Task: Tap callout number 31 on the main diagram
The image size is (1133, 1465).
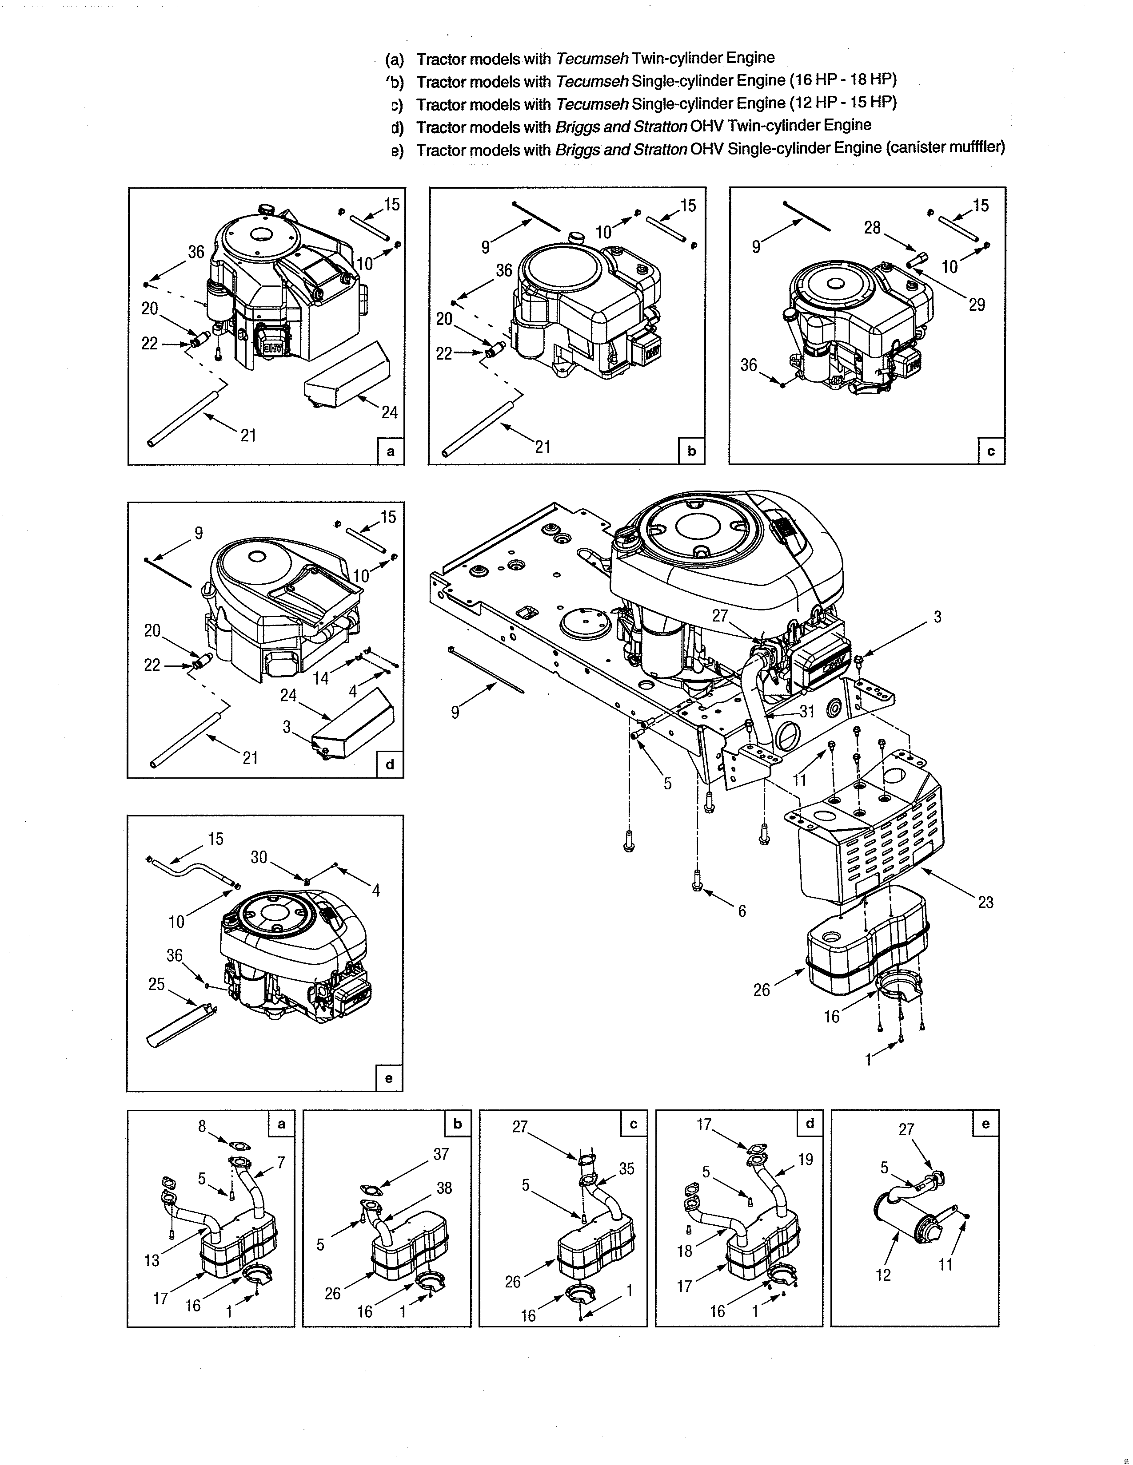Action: (x=807, y=712)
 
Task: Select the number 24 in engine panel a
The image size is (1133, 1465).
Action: (x=389, y=412)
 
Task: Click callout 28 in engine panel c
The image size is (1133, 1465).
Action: (x=872, y=228)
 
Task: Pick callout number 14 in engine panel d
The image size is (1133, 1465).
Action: (x=321, y=678)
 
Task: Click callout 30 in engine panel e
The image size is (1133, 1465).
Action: (x=259, y=857)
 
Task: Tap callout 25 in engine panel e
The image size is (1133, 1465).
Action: (x=156, y=984)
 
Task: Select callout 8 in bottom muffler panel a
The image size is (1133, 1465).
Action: (x=202, y=1126)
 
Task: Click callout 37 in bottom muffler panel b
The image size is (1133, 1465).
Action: (x=440, y=1154)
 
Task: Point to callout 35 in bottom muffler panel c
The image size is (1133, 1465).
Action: (x=626, y=1168)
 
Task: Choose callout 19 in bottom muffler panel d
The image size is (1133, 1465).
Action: (x=806, y=1159)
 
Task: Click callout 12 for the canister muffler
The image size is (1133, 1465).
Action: (x=883, y=1275)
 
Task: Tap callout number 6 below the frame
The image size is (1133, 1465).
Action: (x=742, y=911)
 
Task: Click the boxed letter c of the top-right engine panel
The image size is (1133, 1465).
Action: (x=991, y=451)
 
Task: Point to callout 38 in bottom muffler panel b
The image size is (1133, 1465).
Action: (x=444, y=1188)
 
